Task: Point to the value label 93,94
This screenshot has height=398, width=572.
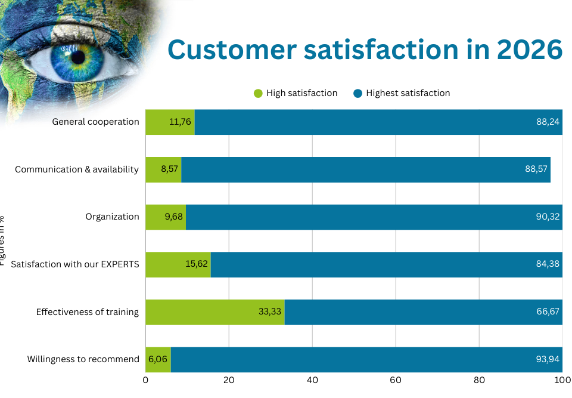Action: tap(548, 359)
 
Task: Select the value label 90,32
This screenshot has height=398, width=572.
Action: tap(548, 217)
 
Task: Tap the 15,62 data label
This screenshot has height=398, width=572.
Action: tap(197, 264)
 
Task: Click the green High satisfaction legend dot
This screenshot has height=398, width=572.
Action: tap(258, 93)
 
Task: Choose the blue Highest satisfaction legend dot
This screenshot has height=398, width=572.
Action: tap(357, 93)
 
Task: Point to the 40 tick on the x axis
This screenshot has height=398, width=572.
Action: tap(312, 380)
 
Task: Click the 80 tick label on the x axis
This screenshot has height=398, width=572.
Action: tap(479, 380)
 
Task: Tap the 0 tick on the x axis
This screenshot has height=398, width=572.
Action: tap(146, 380)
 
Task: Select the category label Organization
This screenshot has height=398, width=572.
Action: tap(112, 217)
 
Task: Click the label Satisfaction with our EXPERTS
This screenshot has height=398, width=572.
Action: tap(75, 264)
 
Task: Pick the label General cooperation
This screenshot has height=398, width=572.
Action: tap(95, 122)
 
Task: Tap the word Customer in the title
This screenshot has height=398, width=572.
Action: tap(232, 50)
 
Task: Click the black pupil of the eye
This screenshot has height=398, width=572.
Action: tap(77, 58)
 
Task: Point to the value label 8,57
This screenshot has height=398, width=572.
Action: tap(169, 169)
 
